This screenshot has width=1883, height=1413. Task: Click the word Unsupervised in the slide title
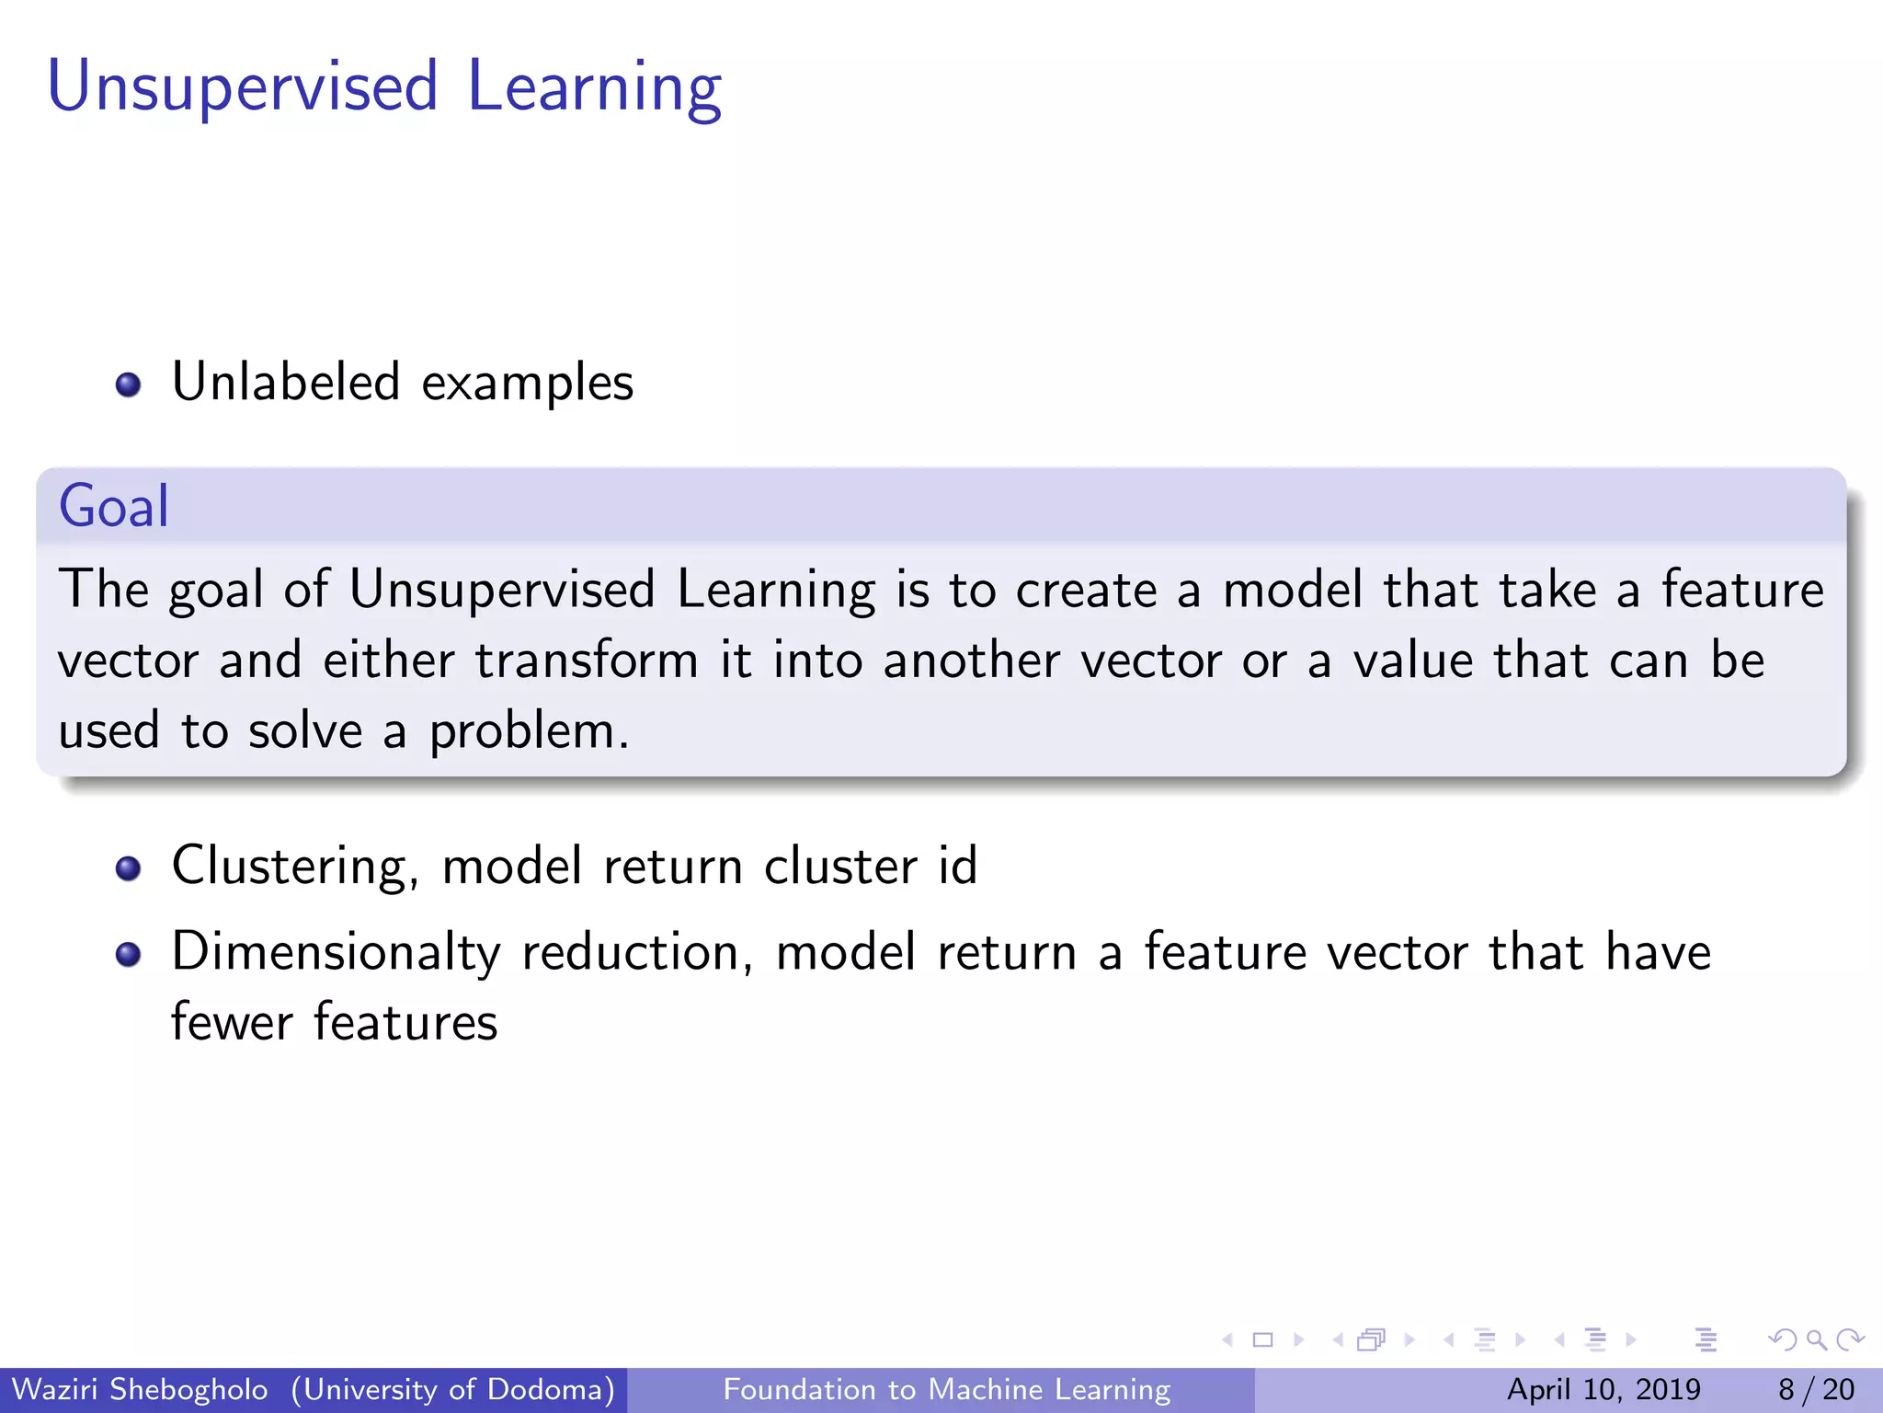(242, 87)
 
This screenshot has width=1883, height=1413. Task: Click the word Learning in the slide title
(594, 87)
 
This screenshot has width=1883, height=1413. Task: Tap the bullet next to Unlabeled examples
(129, 384)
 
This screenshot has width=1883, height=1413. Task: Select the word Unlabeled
(286, 382)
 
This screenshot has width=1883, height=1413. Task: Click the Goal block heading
(114, 506)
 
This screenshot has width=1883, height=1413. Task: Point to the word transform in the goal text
(587, 661)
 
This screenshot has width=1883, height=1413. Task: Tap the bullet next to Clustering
(129, 867)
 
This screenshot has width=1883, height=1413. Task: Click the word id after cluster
(957, 866)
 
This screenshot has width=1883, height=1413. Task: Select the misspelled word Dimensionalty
(336, 952)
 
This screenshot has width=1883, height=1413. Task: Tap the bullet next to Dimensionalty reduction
(129, 954)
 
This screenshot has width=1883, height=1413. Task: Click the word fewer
(232, 1022)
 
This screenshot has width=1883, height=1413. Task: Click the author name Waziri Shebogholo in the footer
(140, 1389)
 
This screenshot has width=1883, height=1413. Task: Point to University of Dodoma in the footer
(453, 1389)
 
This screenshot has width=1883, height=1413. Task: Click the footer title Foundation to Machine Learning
(946, 1389)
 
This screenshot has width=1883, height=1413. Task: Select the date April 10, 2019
(1603, 1389)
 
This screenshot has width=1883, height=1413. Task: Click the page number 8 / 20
(1816, 1389)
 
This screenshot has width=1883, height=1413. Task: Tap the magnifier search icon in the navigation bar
(1816, 1339)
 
